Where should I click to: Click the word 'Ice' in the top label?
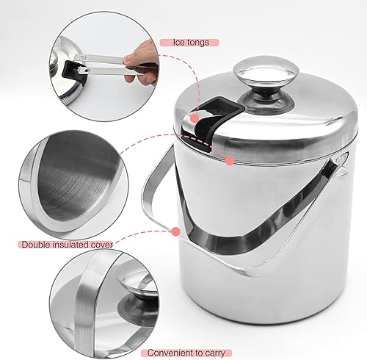(179, 43)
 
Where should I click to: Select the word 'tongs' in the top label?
(198, 43)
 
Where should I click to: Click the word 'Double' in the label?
(36, 245)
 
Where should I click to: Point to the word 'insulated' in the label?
(70, 245)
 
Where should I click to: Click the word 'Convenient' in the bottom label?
(169, 353)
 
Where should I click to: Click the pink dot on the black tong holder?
(195, 118)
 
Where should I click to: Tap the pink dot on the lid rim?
(230, 161)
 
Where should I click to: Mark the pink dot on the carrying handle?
(176, 231)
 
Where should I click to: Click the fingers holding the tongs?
(141, 64)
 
